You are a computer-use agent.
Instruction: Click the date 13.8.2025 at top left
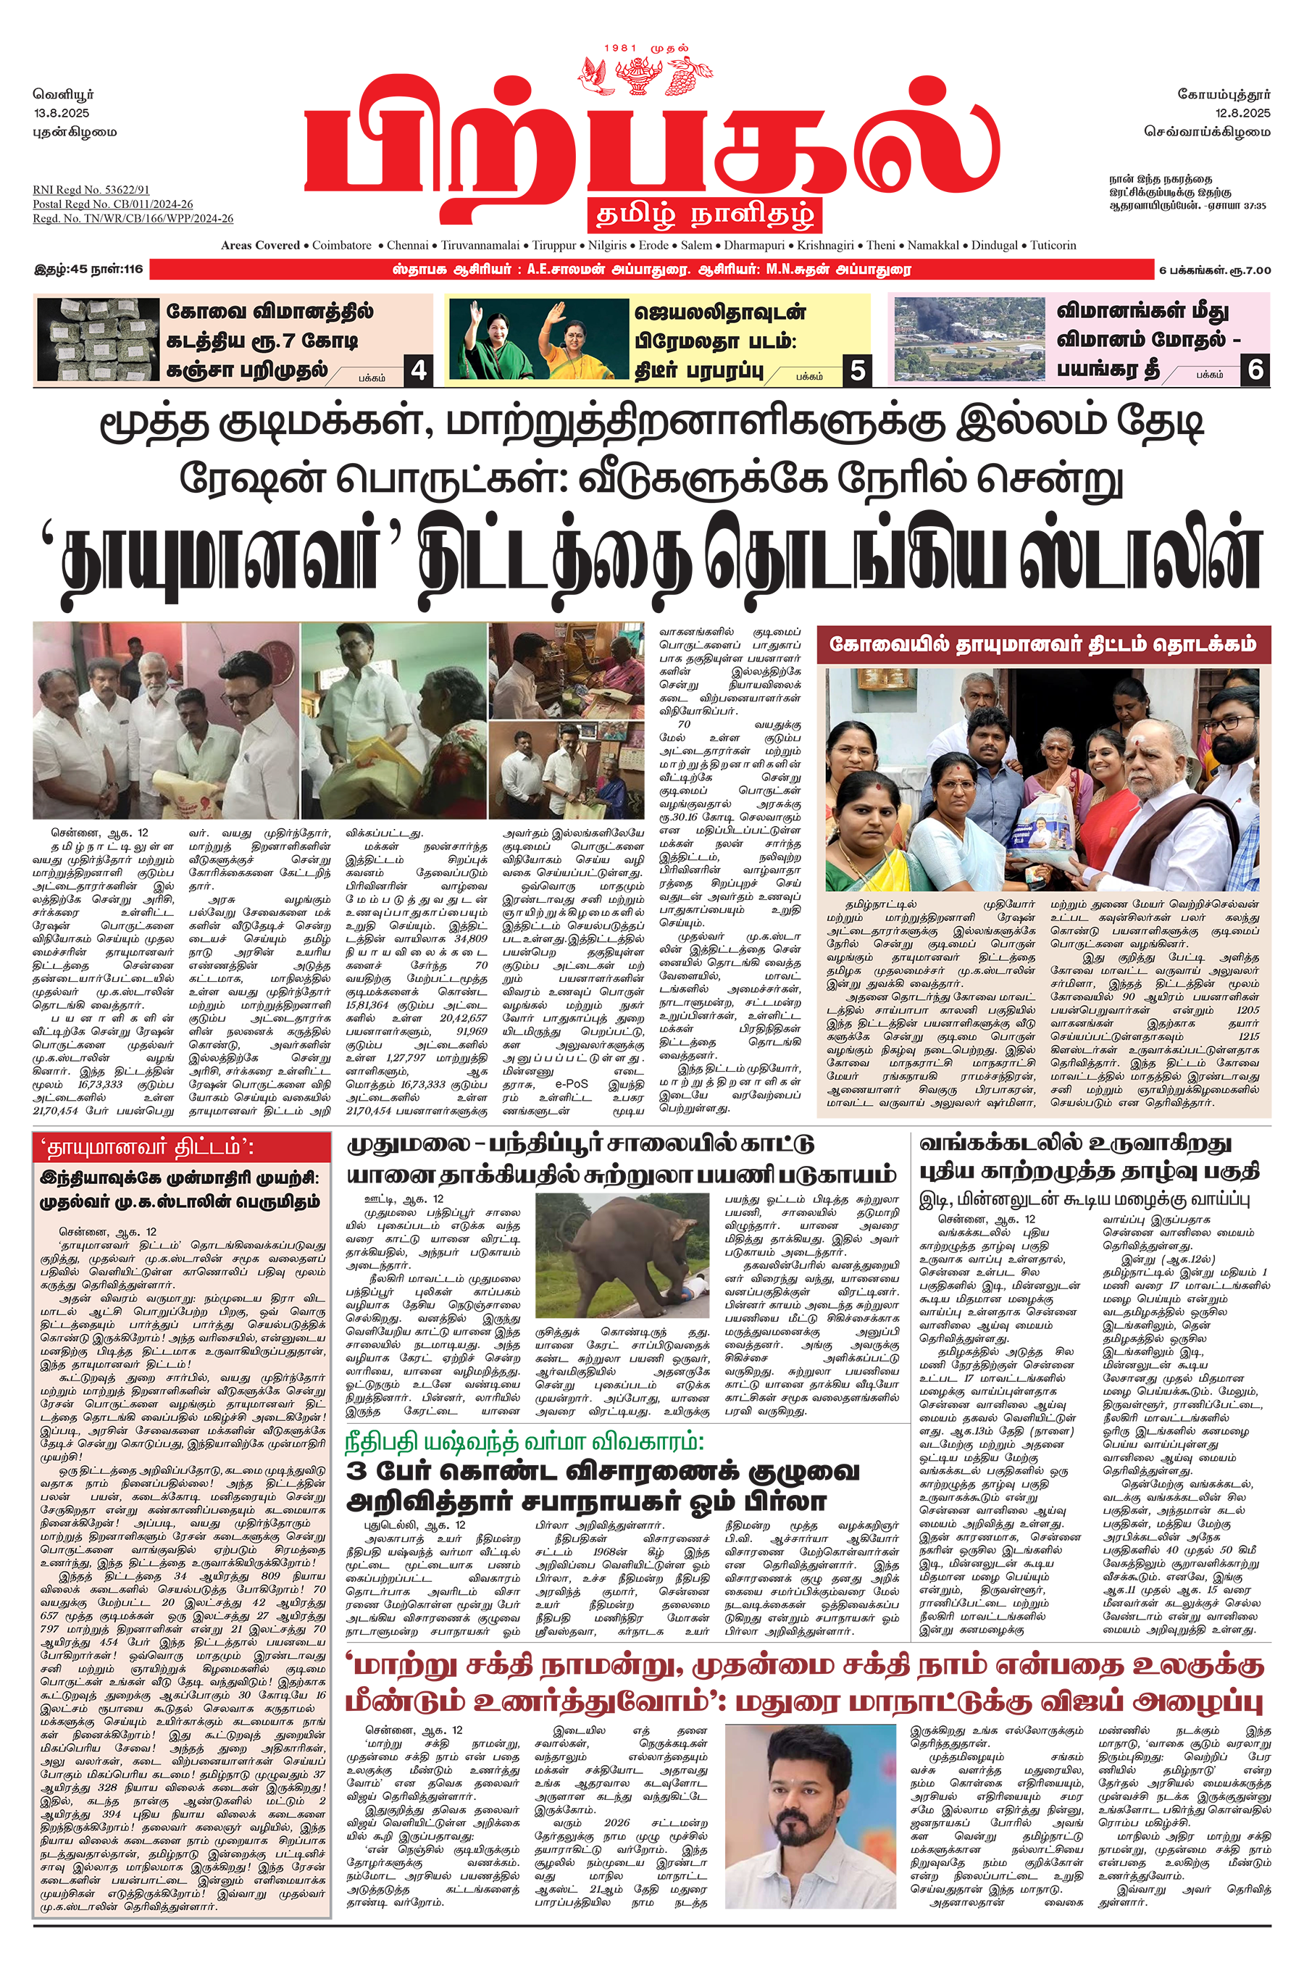click(62, 112)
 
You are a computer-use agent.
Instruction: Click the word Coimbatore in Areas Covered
click(343, 246)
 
